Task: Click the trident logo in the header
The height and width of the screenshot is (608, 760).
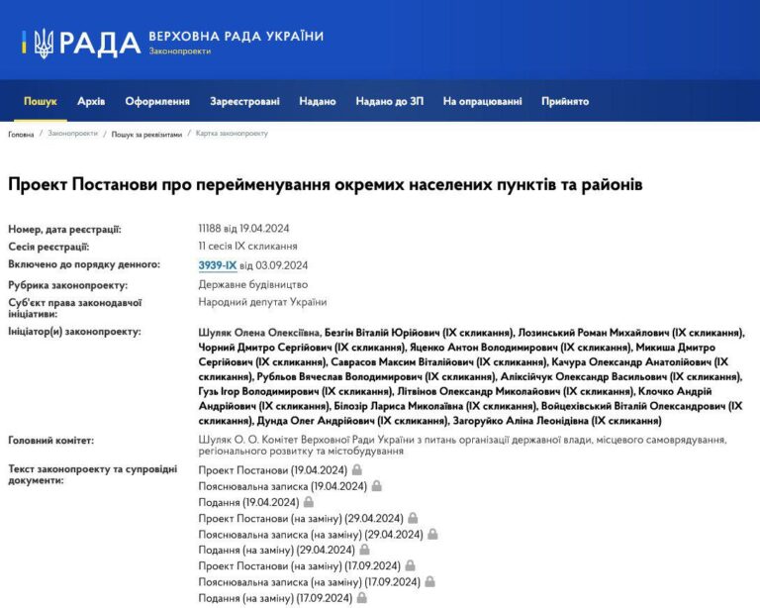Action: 43,43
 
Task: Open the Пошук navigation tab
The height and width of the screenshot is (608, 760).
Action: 41,101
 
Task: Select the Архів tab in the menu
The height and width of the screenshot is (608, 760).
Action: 91,101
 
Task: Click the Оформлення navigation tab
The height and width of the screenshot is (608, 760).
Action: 157,101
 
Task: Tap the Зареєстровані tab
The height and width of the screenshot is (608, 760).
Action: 244,101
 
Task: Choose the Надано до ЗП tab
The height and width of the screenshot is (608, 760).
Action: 390,101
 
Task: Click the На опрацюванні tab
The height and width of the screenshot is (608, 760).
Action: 482,101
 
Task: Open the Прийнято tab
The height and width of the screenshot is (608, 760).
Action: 565,101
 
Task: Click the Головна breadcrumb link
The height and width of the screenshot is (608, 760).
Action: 21,134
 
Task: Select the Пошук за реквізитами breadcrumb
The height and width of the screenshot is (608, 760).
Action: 146,134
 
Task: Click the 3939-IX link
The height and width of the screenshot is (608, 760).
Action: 218,264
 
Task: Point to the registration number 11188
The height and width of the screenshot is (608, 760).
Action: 212,229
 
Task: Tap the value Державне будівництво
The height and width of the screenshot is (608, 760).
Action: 252,284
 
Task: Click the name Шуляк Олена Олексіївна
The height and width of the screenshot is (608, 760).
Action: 257,333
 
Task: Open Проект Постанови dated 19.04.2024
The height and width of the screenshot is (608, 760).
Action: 272,470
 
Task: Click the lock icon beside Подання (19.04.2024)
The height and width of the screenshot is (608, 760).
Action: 308,502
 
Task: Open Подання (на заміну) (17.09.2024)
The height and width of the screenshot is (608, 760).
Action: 275,598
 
